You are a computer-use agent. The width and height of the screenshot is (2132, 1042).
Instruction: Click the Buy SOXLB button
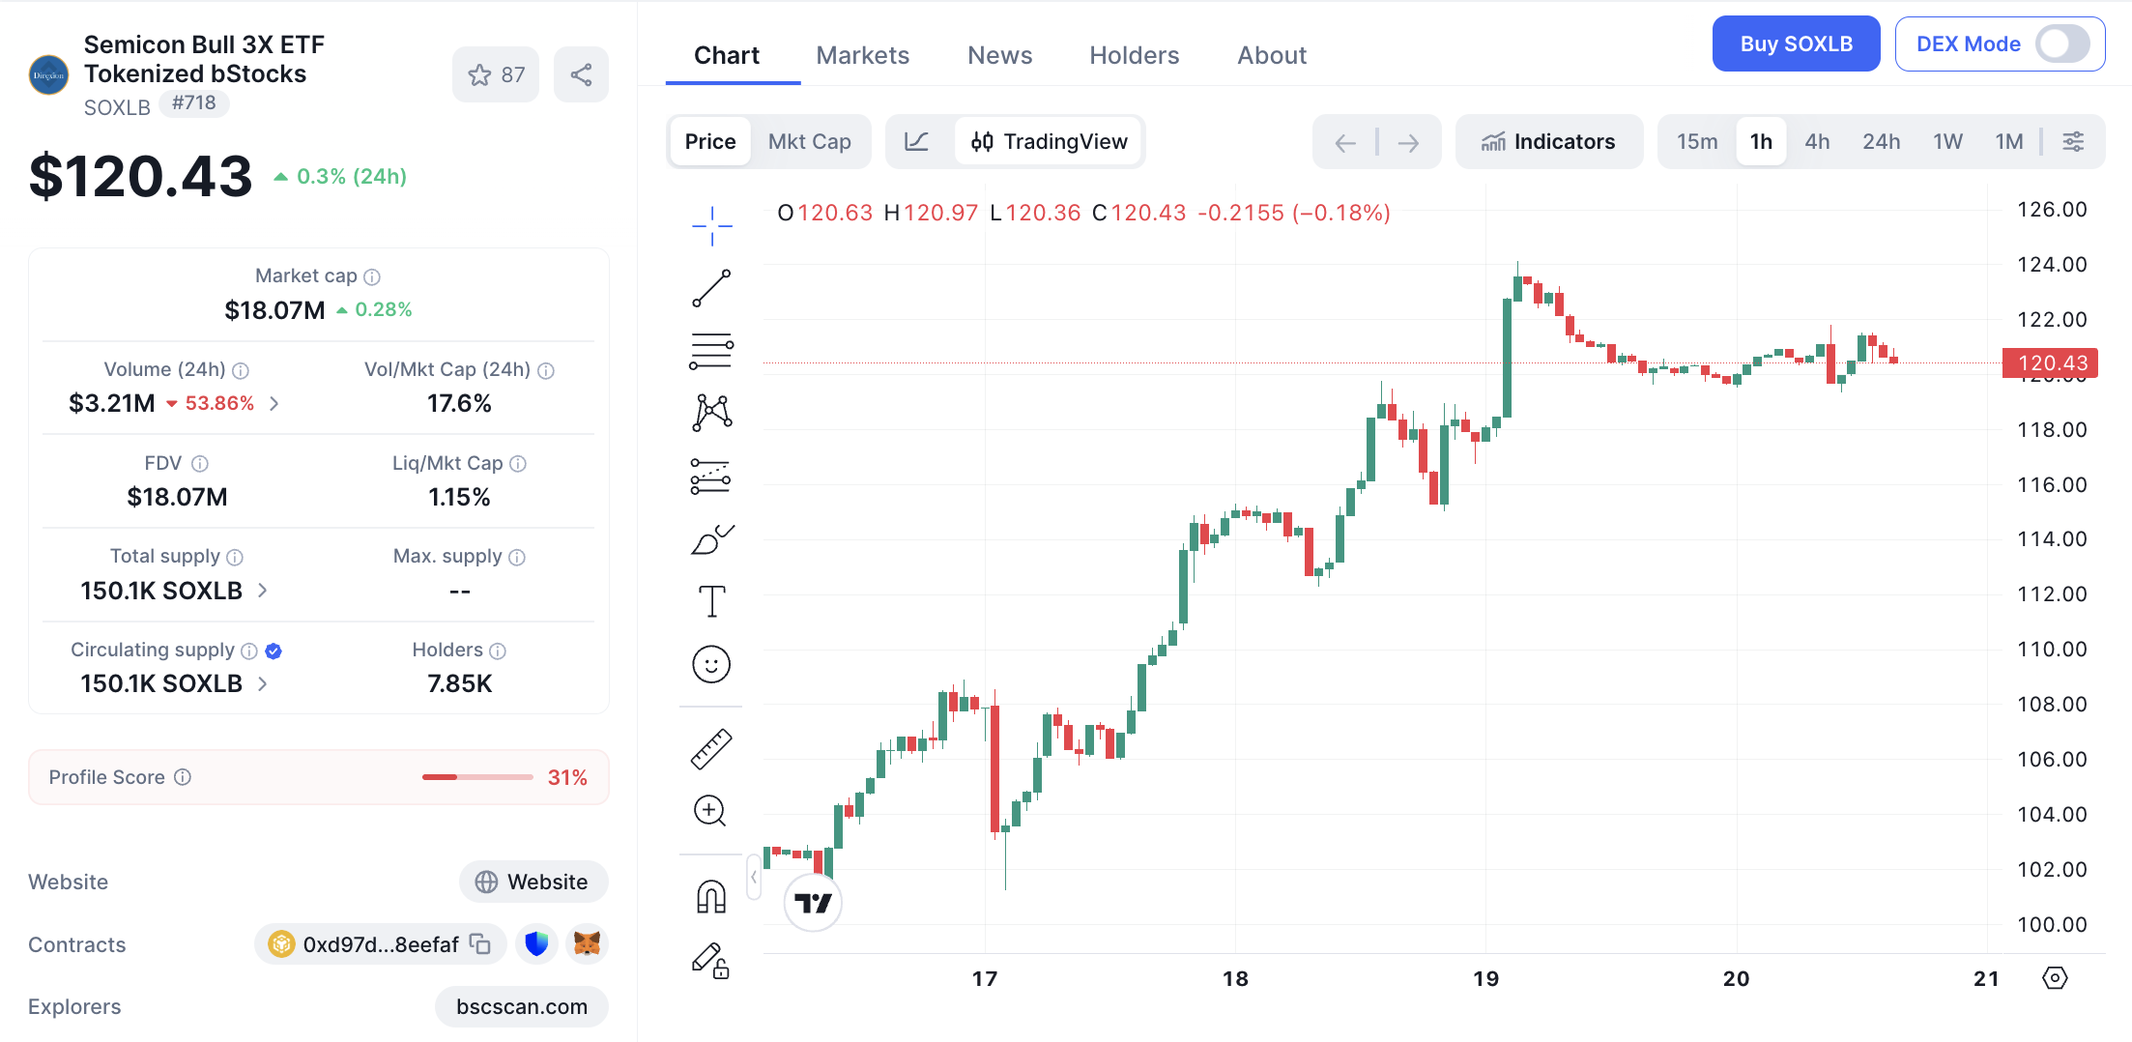(1796, 44)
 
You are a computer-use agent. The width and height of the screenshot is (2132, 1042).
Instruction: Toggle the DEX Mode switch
(2061, 44)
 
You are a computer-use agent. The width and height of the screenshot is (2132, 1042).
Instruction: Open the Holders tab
(1134, 55)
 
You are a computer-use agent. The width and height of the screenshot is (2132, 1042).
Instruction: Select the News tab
(999, 55)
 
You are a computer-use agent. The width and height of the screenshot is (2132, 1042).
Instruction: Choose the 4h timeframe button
(1817, 142)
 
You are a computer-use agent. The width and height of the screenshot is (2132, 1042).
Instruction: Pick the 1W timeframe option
(1947, 142)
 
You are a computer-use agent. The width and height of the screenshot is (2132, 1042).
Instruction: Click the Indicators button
(1548, 142)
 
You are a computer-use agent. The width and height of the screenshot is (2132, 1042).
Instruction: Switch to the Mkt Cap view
(809, 142)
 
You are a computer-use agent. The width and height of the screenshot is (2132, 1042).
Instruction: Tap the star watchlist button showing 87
(496, 74)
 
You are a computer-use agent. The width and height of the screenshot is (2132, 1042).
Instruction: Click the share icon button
(581, 74)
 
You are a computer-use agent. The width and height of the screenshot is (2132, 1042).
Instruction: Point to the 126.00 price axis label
(2052, 209)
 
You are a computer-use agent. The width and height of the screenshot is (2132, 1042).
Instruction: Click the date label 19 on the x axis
(1485, 978)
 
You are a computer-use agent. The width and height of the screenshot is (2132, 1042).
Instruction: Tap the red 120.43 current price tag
(2050, 363)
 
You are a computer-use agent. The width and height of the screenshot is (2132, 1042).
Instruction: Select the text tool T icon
(711, 601)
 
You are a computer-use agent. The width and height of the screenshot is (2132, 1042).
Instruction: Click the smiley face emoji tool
(711, 664)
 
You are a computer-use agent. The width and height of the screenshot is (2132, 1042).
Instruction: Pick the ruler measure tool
(711, 748)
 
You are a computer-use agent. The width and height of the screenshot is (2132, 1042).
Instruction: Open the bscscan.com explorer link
(522, 1006)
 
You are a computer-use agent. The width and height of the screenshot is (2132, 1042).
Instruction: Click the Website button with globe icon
(533, 882)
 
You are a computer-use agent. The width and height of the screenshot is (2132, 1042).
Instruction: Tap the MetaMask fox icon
(587, 943)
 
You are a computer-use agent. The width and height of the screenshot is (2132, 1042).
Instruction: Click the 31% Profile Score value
(567, 777)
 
